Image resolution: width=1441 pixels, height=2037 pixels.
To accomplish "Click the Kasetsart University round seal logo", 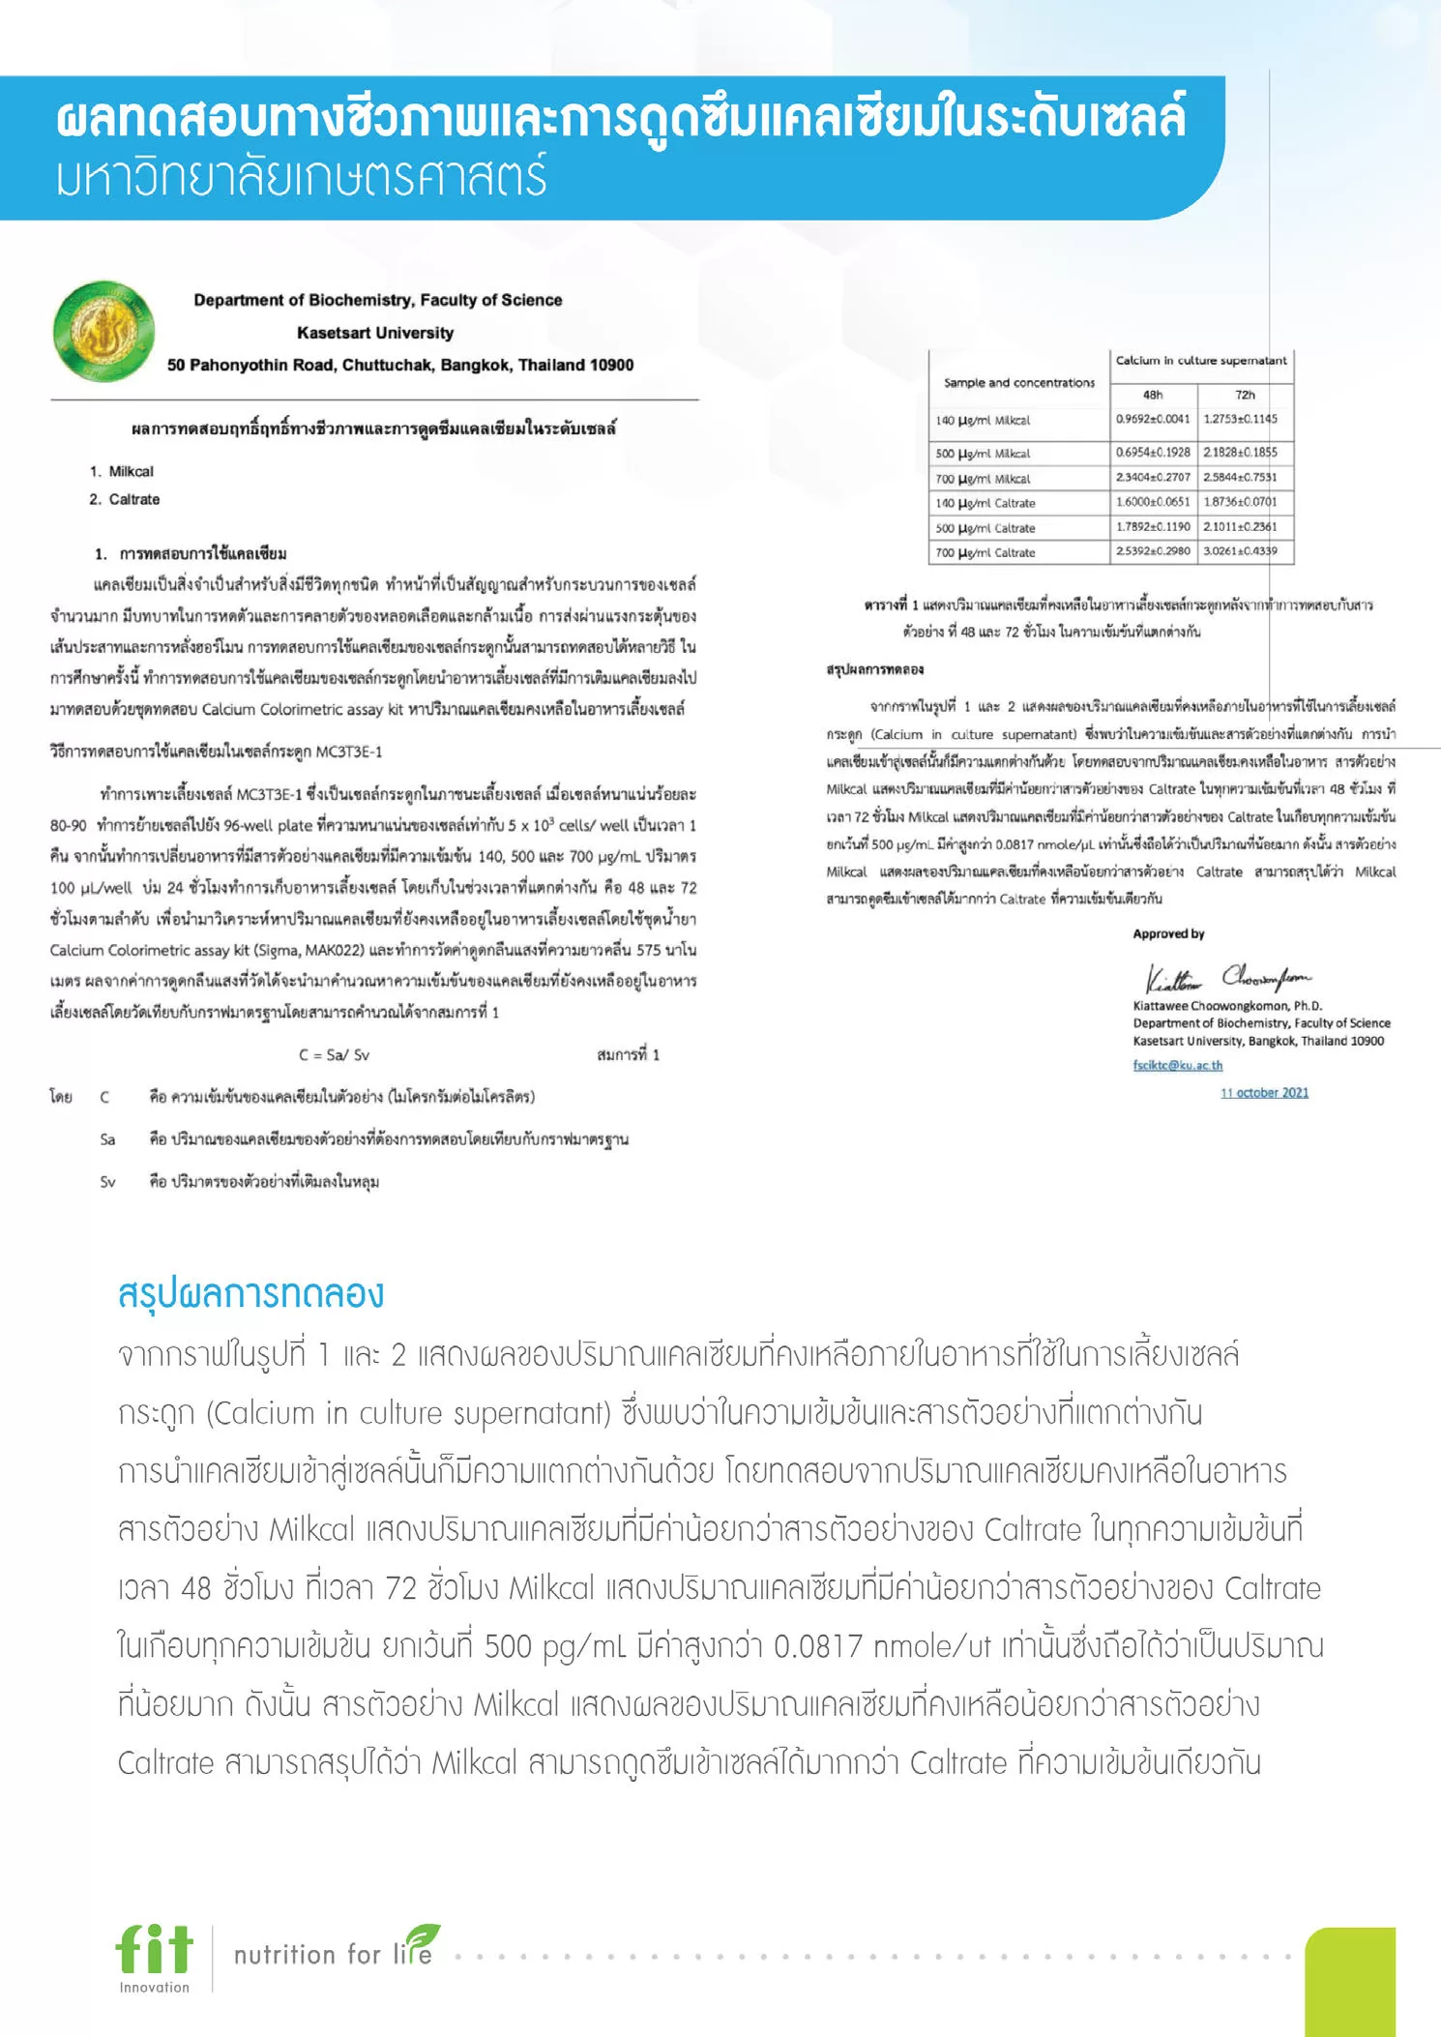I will (x=103, y=332).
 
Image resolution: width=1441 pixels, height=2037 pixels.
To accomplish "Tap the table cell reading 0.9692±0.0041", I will (x=1153, y=419).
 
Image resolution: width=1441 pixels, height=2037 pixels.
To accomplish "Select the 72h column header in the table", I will (x=1245, y=395).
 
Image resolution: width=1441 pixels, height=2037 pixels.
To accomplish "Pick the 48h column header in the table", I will (x=1153, y=395).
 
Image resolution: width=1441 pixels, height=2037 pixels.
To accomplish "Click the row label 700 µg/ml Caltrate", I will (x=985, y=553).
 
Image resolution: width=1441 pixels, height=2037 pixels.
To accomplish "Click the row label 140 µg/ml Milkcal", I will (x=983, y=421).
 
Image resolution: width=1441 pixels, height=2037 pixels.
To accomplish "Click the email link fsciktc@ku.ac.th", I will (x=1177, y=1065).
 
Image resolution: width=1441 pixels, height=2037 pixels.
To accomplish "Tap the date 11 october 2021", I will (x=1264, y=1093).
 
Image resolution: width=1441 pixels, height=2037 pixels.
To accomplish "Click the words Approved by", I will (x=1168, y=934).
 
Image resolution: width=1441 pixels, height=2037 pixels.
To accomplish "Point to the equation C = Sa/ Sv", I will (x=334, y=1055).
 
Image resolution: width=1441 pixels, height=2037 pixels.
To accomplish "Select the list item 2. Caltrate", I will (x=125, y=500).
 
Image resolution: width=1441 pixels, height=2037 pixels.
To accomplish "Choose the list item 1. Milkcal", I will (x=122, y=472).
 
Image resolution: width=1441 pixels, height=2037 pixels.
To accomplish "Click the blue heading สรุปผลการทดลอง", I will (x=250, y=1293).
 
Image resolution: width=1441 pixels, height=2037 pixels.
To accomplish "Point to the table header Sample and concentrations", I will (x=1019, y=383).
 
